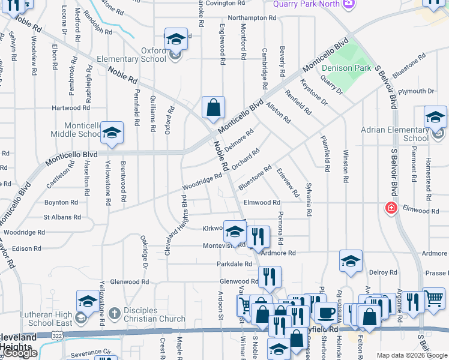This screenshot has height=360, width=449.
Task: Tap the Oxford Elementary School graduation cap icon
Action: pyautogui.click(x=176, y=40)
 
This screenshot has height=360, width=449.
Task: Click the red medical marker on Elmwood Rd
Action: pyautogui.click(x=391, y=208)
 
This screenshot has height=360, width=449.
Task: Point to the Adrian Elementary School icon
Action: pyautogui.click(x=435, y=117)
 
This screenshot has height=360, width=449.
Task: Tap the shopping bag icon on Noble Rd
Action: pyautogui.click(x=213, y=108)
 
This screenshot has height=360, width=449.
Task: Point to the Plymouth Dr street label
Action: pyautogui.click(x=416, y=91)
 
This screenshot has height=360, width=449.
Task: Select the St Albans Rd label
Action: pyautogui.click(x=62, y=217)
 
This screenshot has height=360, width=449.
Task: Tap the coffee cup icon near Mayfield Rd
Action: pyautogui.click(x=326, y=312)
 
